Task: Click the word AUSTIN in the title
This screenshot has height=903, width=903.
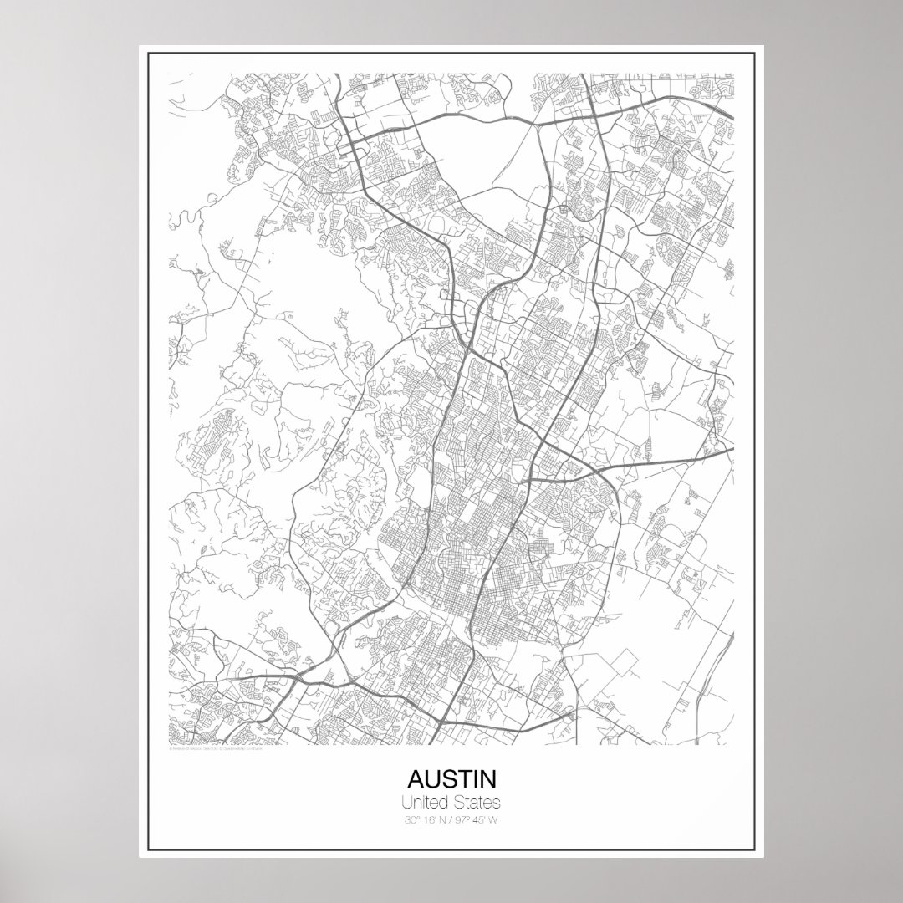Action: pyautogui.click(x=451, y=779)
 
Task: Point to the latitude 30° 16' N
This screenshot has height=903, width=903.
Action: pyautogui.click(x=425, y=819)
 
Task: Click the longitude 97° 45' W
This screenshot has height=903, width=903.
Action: pyautogui.click(x=477, y=819)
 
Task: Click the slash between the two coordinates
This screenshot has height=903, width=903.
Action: pyautogui.click(x=450, y=819)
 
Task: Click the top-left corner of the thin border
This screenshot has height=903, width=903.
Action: pyautogui.click(x=148, y=54)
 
